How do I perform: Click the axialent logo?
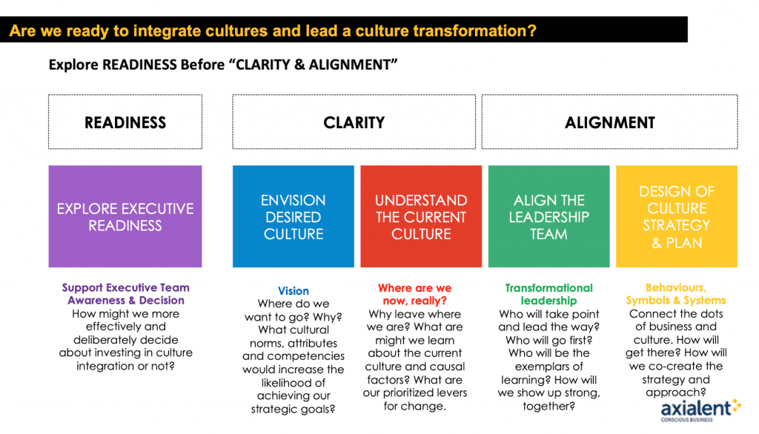point(700,410)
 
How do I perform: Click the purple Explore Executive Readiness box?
point(125,216)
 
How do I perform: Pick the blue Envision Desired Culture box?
point(294,216)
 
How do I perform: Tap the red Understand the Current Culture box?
point(421,216)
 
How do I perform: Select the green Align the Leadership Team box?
point(549,216)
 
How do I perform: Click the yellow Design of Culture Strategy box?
point(677,216)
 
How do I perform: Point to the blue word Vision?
point(294,291)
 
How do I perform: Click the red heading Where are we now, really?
point(415,294)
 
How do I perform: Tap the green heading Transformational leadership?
point(549,294)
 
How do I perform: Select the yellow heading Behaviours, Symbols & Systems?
point(676,294)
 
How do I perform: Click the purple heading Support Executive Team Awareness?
point(126,294)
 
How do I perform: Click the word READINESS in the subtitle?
point(139,65)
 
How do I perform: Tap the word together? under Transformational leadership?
point(549,407)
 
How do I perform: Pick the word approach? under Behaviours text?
point(676,393)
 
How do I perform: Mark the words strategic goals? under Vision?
point(294,410)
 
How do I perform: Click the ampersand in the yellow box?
point(657,243)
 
